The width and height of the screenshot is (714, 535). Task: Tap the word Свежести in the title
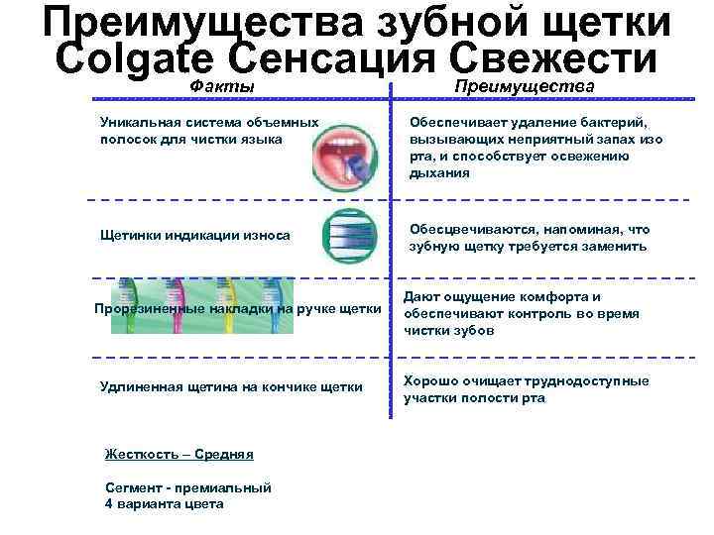tap(560, 57)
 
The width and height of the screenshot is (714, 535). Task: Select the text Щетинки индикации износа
tap(195, 236)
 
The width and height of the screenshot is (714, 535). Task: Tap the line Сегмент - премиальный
tap(187, 487)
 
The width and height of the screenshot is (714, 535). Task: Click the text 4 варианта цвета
tap(164, 503)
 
